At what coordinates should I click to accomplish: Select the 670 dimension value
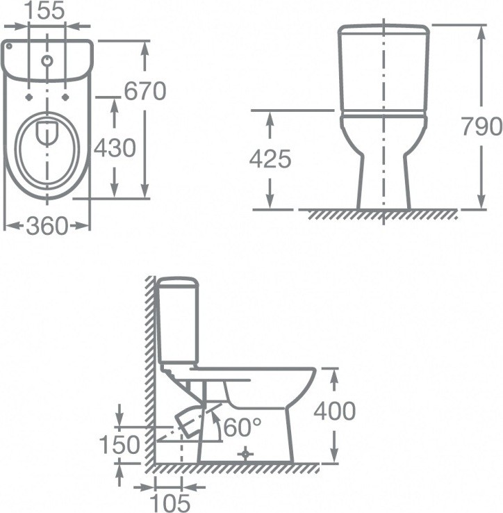[145, 91]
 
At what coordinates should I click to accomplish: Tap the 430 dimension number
[115, 148]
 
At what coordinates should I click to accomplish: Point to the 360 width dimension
[47, 226]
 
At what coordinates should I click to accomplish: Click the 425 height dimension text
[270, 159]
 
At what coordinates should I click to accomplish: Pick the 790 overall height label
[481, 127]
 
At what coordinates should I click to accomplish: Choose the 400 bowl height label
[335, 411]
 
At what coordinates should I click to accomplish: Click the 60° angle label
[242, 427]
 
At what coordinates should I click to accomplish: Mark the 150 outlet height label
[119, 445]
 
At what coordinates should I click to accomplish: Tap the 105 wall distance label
[170, 503]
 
